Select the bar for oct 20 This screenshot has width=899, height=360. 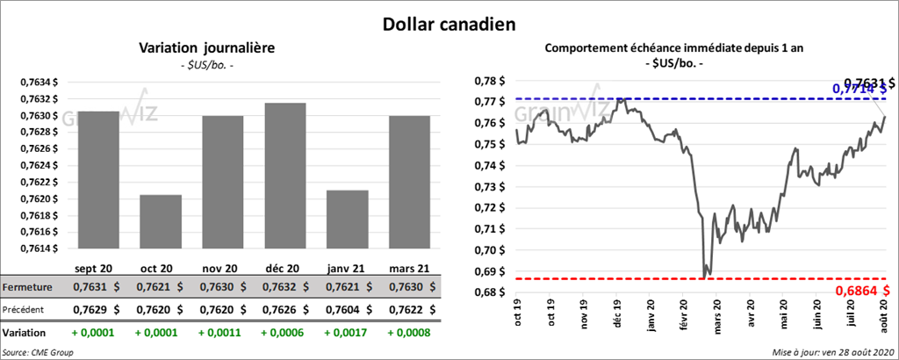(160, 221)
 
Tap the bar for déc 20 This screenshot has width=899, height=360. (284, 176)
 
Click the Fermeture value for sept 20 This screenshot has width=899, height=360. (97, 287)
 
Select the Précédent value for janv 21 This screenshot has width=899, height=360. (347, 310)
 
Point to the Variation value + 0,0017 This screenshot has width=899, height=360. (347, 334)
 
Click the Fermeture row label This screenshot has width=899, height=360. (27, 287)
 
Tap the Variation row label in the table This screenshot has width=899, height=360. (24, 334)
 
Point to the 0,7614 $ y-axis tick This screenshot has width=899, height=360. (40, 248)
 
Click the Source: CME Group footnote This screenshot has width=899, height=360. (38, 351)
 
